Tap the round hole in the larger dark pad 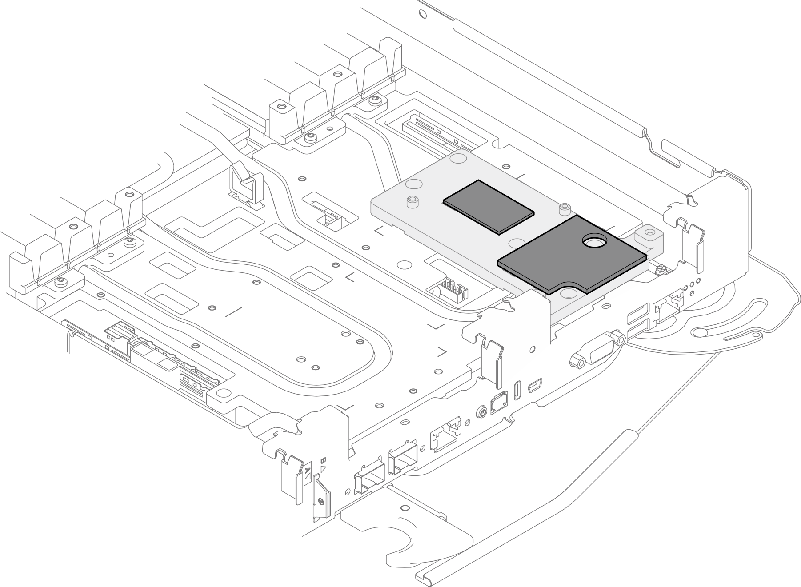tap(594, 242)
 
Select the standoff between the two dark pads tap(565, 208)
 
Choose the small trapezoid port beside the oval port tap(535, 386)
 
